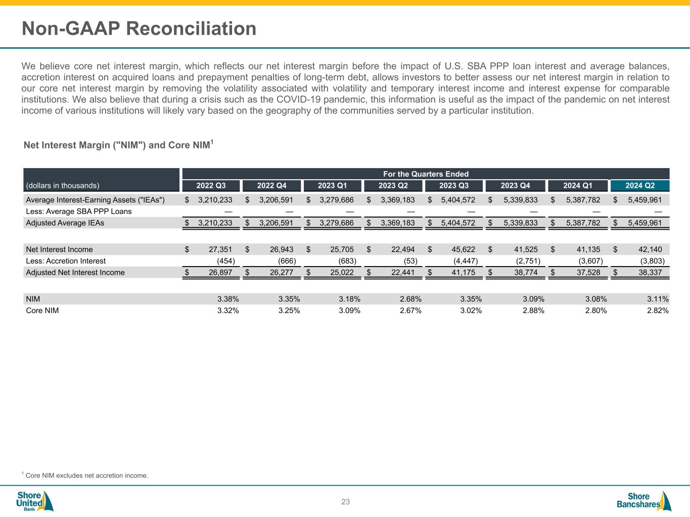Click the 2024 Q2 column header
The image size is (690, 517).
(639, 186)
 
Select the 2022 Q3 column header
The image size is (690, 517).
(211, 186)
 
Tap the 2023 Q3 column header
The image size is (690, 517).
(454, 186)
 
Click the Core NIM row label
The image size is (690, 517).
(42, 311)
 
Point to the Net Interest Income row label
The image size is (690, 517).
(59, 249)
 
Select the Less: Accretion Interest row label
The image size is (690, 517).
(66, 261)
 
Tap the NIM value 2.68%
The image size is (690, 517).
(410, 299)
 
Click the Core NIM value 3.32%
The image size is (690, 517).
(228, 311)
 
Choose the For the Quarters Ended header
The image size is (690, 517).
(426, 174)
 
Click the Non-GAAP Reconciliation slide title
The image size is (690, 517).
(139, 28)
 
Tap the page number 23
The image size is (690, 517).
(345, 502)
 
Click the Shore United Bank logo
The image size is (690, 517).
(34, 501)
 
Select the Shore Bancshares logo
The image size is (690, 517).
(644, 501)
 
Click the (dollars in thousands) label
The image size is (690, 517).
(63, 186)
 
